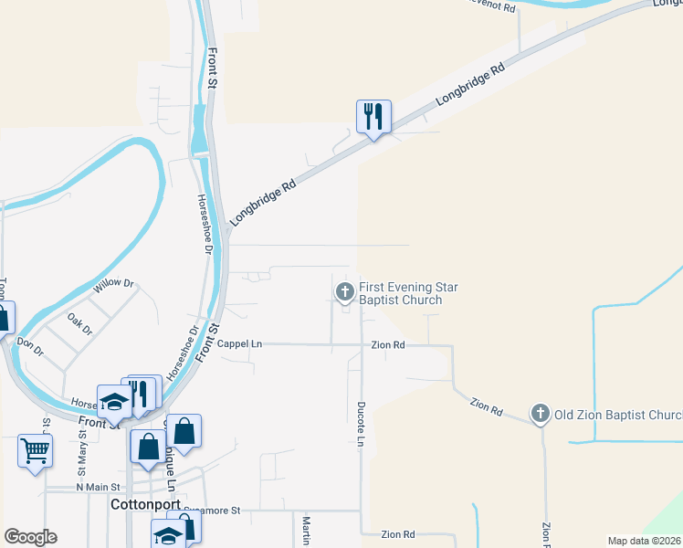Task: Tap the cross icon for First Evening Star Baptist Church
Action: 345,291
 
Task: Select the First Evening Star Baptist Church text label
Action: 407,293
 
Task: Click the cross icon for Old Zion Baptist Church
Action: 541,415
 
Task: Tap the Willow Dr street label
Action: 114,287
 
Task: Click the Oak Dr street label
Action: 79,324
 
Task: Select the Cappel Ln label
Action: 240,344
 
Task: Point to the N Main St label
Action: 99,488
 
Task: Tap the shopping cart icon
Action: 35,449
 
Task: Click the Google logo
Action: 30,536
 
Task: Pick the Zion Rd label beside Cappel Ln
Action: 387,345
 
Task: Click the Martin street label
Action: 306,530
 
